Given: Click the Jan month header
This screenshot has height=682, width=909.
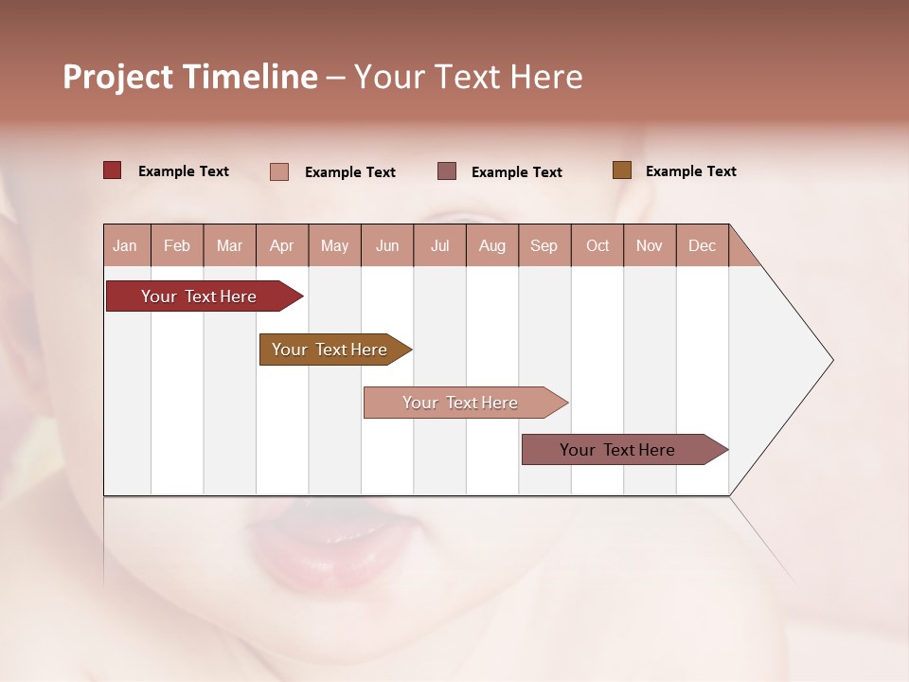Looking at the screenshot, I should click(x=126, y=245).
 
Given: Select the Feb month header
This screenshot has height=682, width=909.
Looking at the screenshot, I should click(x=177, y=245).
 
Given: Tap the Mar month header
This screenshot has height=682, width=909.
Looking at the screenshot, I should click(x=229, y=245).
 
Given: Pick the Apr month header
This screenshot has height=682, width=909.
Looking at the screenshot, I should click(x=282, y=245).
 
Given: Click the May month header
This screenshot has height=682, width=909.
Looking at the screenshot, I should click(x=334, y=245).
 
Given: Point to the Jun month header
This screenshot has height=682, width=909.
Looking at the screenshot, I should click(x=387, y=245).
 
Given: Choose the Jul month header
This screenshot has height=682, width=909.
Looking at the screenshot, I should click(x=439, y=245).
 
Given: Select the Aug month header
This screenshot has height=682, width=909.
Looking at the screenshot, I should click(x=492, y=245).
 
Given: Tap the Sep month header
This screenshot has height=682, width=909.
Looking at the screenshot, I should click(x=544, y=245).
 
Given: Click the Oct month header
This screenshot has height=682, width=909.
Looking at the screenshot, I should click(x=597, y=245).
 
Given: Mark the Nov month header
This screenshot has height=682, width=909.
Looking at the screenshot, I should click(x=650, y=245).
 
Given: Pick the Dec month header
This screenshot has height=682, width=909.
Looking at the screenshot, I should click(x=703, y=245).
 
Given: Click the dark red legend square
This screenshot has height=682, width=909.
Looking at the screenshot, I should click(x=113, y=170).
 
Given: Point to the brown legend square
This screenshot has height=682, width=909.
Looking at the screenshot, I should click(x=621, y=170).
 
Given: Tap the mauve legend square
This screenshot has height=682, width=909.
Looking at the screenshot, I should click(x=447, y=171).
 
